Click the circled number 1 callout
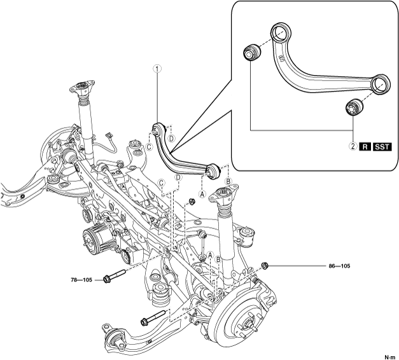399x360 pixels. coord(157,69)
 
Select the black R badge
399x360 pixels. coord(365,147)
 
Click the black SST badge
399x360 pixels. coord(382,147)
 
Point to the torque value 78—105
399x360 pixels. coord(83,279)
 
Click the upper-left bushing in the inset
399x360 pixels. coord(250,52)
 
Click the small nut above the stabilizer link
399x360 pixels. coord(191,202)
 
